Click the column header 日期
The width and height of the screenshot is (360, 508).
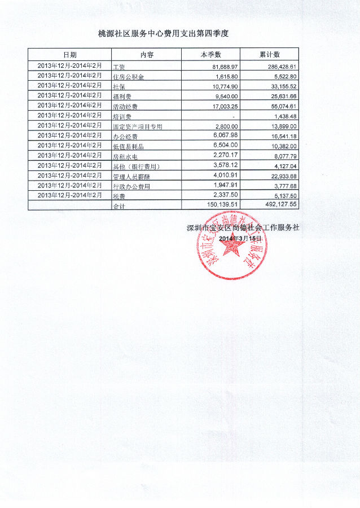(70, 55)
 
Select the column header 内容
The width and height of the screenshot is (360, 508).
(147, 55)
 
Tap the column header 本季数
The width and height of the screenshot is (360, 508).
(210, 55)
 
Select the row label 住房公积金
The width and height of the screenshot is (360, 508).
(129, 77)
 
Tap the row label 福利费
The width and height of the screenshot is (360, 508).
(124, 97)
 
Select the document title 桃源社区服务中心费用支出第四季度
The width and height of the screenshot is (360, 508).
(164, 34)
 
